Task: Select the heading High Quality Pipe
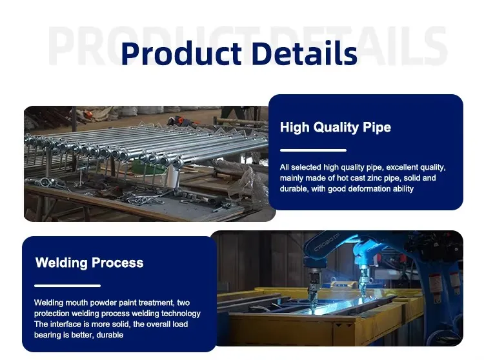tap(335, 127)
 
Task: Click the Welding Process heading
tap(89, 263)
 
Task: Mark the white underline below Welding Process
tap(67, 285)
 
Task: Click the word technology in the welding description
tap(179, 314)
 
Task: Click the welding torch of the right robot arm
tap(363, 284)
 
